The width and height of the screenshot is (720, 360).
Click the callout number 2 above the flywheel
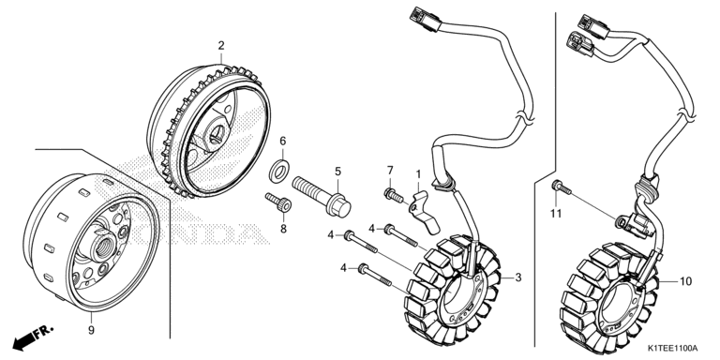click(221, 45)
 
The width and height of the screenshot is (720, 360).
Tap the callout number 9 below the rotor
click(91, 330)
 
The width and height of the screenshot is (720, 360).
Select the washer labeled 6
click(278, 169)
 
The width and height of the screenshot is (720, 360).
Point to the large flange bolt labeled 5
click(322, 197)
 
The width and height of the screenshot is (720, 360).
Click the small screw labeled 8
click(278, 202)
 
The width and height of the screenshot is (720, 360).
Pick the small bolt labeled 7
click(394, 195)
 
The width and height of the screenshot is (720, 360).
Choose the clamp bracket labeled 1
click(424, 212)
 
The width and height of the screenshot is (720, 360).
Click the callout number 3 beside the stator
click(517, 277)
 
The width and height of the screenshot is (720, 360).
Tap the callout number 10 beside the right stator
click(685, 281)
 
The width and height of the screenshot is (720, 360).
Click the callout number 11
click(556, 214)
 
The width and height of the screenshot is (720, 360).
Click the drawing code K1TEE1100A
click(673, 348)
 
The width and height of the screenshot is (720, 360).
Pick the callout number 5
click(337, 172)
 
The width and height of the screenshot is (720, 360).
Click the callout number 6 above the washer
click(283, 141)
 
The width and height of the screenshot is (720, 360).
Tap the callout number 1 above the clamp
click(418, 174)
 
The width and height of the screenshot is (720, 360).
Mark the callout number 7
click(390, 171)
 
